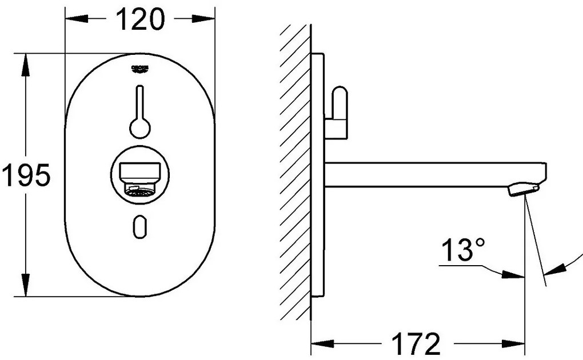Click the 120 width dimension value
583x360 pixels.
pos(140,21)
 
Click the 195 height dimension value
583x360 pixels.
pos(26,175)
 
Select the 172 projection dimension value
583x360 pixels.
pos(416,344)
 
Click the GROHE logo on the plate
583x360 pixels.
pos(140,69)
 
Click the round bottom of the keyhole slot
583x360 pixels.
pos(139,128)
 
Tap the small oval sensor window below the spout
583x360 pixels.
pos(139,227)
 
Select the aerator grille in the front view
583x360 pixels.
pos(141,193)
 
